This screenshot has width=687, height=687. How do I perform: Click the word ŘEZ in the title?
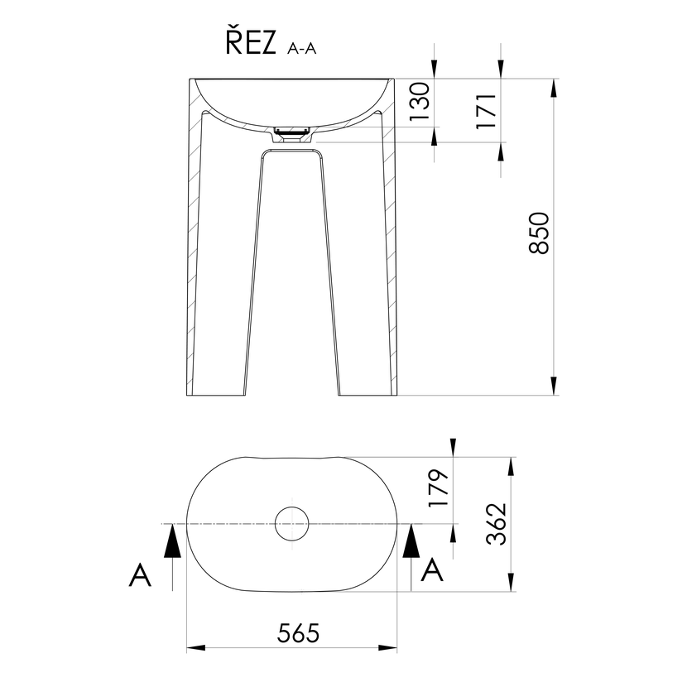(251, 42)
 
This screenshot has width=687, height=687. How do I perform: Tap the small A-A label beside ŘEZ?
(302, 48)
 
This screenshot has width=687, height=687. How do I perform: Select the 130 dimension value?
(419, 101)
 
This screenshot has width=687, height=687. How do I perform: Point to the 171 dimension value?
(487, 111)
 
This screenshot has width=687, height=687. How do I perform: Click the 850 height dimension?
(539, 233)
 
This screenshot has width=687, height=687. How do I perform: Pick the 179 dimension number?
(439, 488)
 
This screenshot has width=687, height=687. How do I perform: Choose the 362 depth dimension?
(497, 524)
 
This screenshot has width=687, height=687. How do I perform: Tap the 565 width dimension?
(298, 633)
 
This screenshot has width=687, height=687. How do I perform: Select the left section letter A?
(140, 574)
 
